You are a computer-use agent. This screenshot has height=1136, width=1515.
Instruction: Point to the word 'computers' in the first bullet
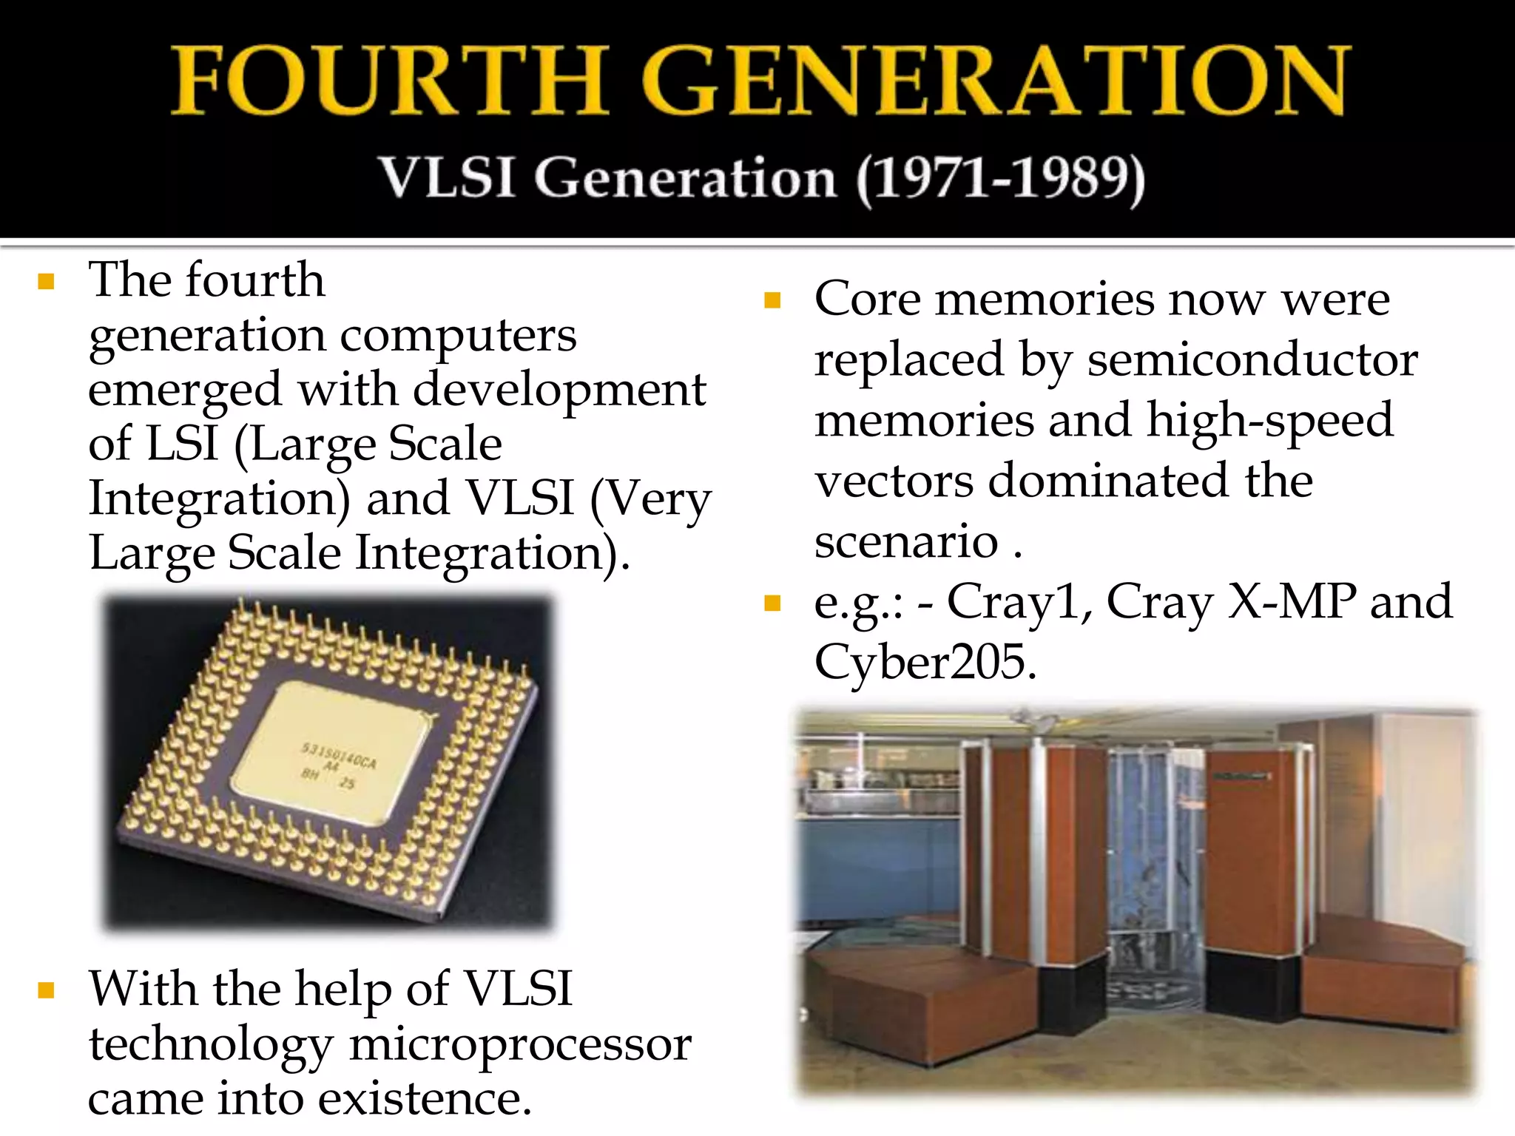(458, 337)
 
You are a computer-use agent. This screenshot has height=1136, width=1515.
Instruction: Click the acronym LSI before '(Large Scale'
(182, 444)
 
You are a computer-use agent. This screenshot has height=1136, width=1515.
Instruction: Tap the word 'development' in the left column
(559, 390)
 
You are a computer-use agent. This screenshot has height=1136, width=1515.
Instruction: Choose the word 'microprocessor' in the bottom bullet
(520, 1044)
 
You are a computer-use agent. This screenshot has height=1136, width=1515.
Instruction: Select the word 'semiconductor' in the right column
(1252, 360)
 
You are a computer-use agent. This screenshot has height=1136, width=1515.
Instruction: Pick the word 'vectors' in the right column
(894, 481)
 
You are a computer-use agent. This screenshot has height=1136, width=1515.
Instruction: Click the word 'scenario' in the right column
(906, 541)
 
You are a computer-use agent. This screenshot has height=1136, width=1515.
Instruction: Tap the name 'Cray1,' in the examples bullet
(1019, 601)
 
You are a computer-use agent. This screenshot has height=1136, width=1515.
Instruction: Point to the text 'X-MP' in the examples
(1292, 601)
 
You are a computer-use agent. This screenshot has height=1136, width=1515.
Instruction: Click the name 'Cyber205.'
(925, 662)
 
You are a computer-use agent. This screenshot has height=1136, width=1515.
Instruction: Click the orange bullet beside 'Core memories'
(772, 300)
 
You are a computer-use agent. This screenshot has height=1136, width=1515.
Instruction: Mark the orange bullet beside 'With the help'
(47, 990)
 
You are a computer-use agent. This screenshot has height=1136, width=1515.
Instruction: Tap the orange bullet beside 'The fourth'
(47, 281)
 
